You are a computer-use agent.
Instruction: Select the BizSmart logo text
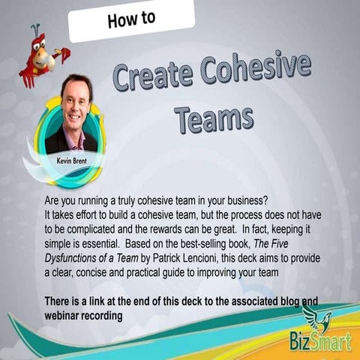coord(313,345)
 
